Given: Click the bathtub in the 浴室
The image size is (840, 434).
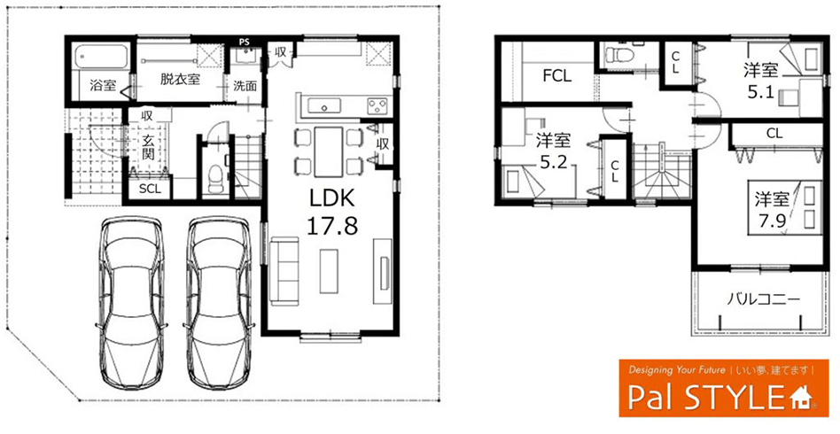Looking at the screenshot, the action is pos(102,57).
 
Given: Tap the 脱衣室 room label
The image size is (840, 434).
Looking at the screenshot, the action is pos(181,80).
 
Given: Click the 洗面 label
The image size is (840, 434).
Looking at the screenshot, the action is pos(245,86).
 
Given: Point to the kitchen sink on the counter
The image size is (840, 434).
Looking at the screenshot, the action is pos(324,106).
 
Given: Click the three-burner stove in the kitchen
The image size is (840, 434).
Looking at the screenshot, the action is pos(378,106).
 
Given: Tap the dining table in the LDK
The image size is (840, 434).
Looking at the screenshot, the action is pos(328,151).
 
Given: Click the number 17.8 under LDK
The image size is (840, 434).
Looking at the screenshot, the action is pos(331,226).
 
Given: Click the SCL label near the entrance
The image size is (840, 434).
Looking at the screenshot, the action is pos(150,189).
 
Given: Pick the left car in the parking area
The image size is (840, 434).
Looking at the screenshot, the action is pos(132,302).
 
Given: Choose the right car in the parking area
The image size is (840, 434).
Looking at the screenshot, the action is pos(219,302).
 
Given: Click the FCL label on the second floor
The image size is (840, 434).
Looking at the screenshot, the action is pos(557,75).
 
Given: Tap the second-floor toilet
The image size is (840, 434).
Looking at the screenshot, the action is pos(617,55).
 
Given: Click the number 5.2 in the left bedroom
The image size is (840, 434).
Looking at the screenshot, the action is pos(554,163).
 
